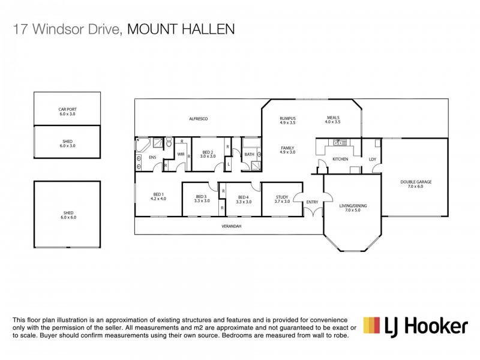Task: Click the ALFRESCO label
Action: [198, 119]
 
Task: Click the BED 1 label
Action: [159, 196]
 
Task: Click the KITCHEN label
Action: [340, 159]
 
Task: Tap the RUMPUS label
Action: [288, 119]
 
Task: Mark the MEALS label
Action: [333, 119]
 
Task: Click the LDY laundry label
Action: [372, 159]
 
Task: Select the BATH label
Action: [249, 155]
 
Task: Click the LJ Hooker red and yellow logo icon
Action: [373, 325]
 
